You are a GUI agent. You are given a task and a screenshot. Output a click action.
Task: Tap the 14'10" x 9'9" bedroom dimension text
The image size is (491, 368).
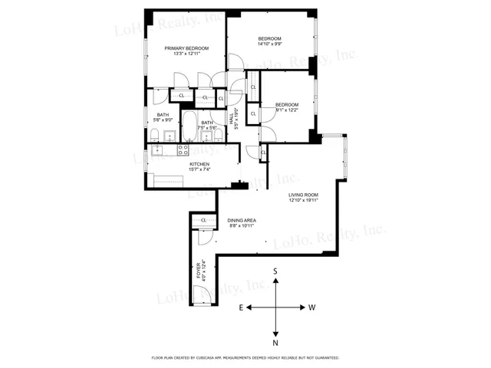(269, 44)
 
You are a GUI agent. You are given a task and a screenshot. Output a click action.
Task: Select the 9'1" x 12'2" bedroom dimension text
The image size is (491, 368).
(287, 110)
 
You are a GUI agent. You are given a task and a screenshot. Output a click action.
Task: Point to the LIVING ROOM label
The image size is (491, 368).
(303, 195)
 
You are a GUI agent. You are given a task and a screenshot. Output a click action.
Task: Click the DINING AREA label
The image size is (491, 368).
(241, 221)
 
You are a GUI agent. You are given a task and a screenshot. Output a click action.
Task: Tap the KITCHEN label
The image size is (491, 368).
(200, 164)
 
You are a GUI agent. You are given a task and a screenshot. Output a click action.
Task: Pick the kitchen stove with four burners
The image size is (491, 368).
(183, 149)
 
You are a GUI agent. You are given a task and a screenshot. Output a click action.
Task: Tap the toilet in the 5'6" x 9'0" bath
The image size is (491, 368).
(154, 136)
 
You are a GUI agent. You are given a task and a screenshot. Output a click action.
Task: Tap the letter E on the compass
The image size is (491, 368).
(240, 307)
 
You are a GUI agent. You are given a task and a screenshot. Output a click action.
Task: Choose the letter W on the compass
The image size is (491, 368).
(312, 307)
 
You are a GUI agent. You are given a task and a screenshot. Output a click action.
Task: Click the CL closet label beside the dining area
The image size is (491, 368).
(204, 222)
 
